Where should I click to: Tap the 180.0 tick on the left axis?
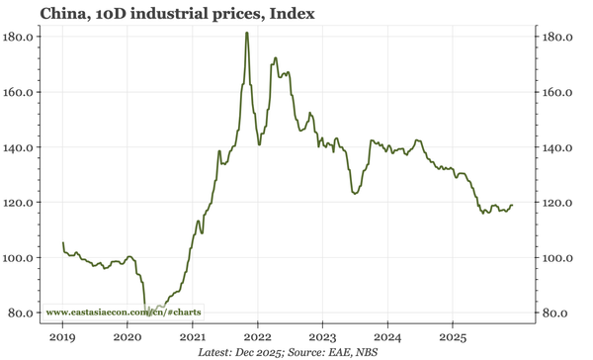[x=21, y=37]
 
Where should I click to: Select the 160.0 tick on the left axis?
[x=21, y=92]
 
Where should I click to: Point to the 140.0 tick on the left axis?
[x=21, y=147]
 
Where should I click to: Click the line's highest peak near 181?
[x=246, y=34]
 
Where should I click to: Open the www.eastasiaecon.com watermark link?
[x=124, y=313]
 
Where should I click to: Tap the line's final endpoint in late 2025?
[x=513, y=205]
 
